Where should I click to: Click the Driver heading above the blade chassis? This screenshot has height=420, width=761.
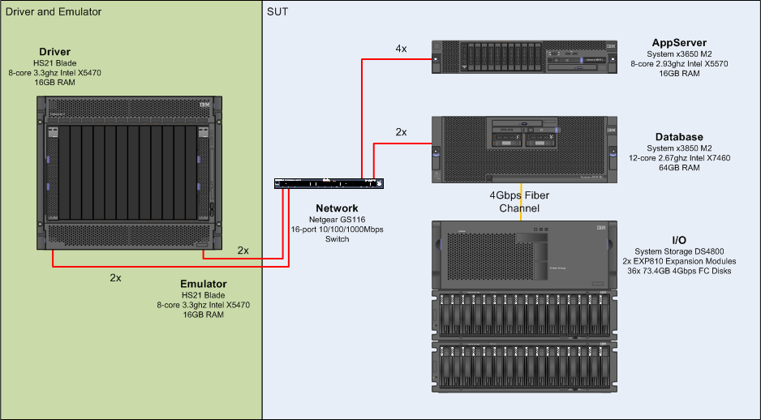[x=55, y=52]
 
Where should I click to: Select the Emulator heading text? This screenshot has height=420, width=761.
[x=203, y=284]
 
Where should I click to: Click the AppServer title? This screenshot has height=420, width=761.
[x=679, y=42]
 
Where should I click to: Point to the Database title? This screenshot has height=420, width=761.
[x=679, y=137]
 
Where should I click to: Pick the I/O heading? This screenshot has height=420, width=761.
[x=679, y=240]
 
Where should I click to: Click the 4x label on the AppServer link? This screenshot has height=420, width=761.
[x=401, y=49]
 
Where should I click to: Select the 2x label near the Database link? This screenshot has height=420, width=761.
[x=401, y=131]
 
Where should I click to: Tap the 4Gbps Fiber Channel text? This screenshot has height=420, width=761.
[x=519, y=202]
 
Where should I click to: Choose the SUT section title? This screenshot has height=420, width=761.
[x=277, y=12]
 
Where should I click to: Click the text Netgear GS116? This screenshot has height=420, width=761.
[x=337, y=219]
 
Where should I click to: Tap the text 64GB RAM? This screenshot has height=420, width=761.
[x=679, y=168]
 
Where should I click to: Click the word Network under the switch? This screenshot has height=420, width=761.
[x=337, y=208]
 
